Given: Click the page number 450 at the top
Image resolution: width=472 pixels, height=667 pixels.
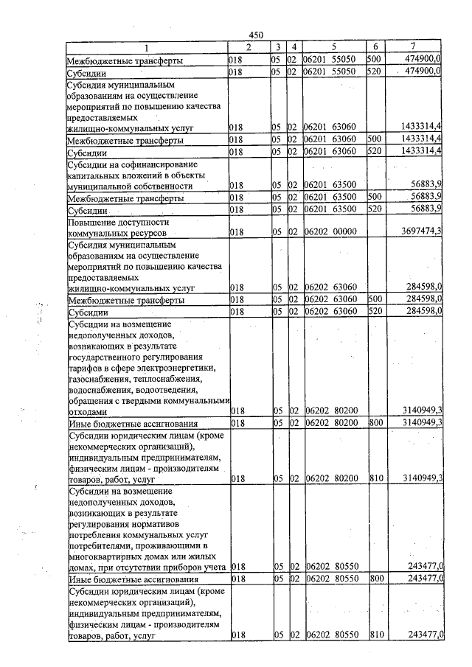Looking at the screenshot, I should click(x=256, y=35).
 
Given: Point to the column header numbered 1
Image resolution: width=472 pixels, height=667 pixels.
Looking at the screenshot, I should click(x=145, y=48).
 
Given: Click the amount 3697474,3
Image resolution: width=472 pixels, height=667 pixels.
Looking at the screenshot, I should click(x=418, y=232).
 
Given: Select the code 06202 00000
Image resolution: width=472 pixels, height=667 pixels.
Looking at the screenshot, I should click(x=332, y=232).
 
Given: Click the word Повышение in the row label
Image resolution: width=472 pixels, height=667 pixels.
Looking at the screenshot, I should click(x=92, y=221).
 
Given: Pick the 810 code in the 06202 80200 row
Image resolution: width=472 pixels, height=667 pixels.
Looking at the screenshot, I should click(x=375, y=479).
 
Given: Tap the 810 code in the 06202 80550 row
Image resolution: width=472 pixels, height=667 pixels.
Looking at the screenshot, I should click(x=375, y=635).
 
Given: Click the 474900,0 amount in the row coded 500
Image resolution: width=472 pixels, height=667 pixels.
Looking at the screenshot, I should click(x=422, y=59).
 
